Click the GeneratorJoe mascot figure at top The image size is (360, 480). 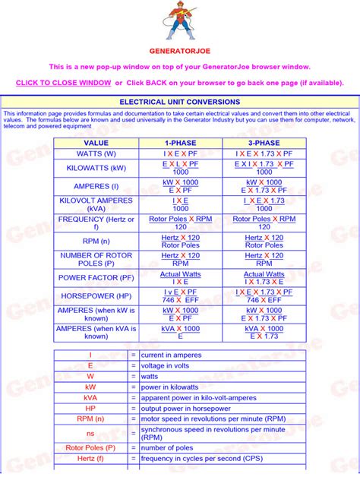(x=179, y=22)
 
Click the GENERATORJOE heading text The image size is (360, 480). (x=180, y=50)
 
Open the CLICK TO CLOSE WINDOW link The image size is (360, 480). (x=63, y=83)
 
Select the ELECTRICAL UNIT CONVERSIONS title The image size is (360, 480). (x=180, y=102)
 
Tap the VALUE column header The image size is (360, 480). (x=96, y=142)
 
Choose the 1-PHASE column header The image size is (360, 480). (x=180, y=142)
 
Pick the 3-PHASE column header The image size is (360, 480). (x=264, y=142)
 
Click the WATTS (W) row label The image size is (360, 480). (x=96, y=153)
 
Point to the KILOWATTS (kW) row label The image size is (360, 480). (x=96, y=168)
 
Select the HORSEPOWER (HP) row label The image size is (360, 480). (x=96, y=295)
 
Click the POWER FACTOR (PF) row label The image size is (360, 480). (x=96, y=277)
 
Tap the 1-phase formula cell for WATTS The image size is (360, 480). (x=180, y=153)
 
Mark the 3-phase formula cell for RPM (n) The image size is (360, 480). (x=264, y=241)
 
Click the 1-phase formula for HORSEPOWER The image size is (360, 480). (x=180, y=295)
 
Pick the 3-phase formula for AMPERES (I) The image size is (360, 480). (x=264, y=186)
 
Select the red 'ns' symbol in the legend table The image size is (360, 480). (x=90, y=434)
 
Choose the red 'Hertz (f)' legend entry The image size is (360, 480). (x=90, y=459)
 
